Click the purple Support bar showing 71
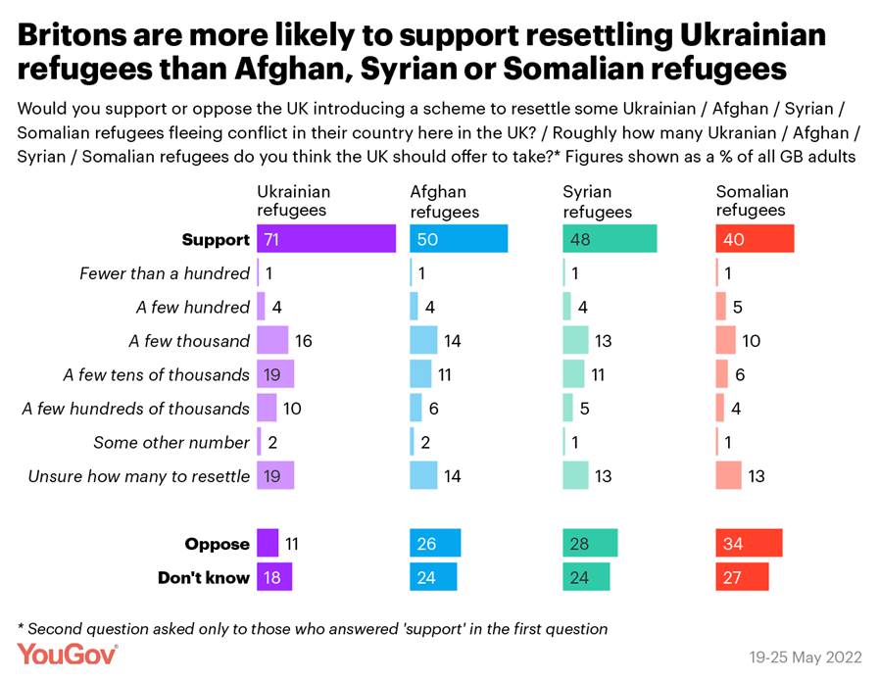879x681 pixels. point(325,239)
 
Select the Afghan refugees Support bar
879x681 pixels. point(459,239)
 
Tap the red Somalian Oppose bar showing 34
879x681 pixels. point(749,544)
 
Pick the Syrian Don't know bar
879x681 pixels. point(586,577)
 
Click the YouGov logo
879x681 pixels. point(67,654)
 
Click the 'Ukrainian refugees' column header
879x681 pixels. point(293,201)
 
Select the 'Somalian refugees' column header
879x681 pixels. point(752,201)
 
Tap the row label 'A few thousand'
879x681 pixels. point(189,341)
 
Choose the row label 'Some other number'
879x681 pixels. point(171,442)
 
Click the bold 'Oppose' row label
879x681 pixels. point(217,544)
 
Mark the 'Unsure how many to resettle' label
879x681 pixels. point(138,476)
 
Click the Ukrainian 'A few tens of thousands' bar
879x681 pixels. point(275,374)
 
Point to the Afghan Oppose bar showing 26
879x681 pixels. point(435,544)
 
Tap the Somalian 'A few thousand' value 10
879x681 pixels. point(751,341)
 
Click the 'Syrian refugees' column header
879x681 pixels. point(597,201)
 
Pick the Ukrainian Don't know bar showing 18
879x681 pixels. point(274,577)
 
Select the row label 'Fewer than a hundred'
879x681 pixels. point(165,273)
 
